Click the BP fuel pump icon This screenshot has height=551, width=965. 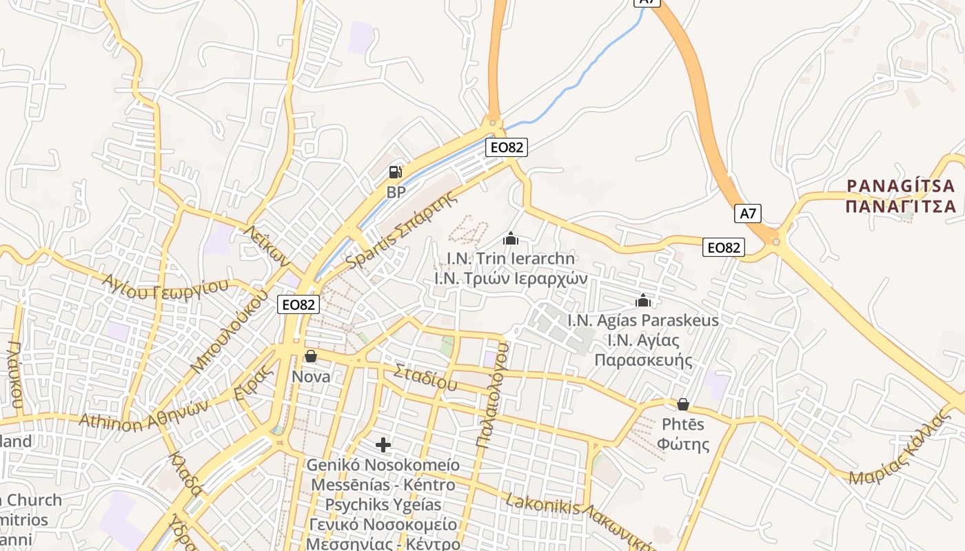(396, 172)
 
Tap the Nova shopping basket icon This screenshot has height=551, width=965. (311, 356)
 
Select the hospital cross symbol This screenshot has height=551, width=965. (383, 445)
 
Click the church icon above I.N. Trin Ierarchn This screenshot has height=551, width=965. (511, 239)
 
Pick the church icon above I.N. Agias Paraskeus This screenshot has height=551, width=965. (643, 301)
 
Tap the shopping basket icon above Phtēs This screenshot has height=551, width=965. (683, 404)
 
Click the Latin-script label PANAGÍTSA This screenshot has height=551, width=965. (901, 186)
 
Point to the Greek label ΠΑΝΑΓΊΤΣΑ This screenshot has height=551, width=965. (901, 206)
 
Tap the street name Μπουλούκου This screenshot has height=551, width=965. (230, 331)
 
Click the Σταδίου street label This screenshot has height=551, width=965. (425, 378)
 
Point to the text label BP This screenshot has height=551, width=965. (396, 192)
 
